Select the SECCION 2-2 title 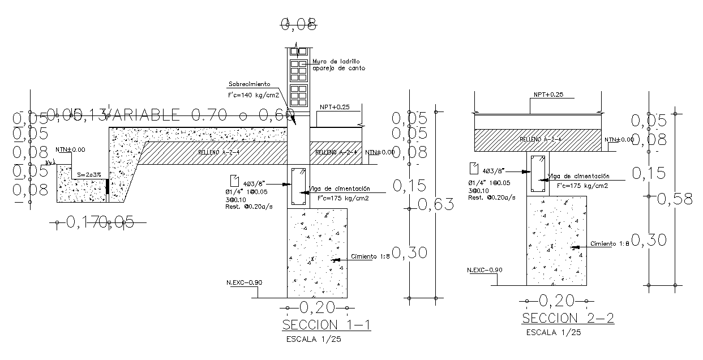coord(568,318)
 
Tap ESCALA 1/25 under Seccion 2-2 coord(553,332)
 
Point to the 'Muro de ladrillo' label coord(336,61)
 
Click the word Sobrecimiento coord(248,84)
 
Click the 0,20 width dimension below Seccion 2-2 coord(557,300)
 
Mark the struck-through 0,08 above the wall coord(299,23)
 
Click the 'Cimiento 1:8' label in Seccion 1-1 coord(371,256)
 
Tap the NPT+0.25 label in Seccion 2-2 coord(544,95)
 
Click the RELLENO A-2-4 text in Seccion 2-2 coord(537,139)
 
